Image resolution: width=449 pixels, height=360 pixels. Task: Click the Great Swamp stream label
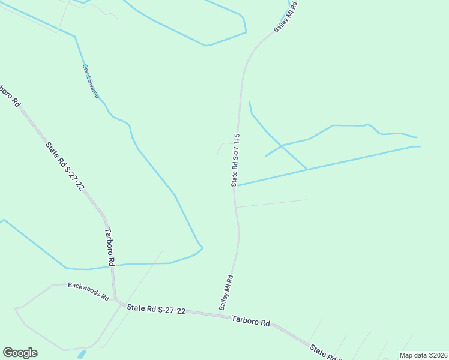click(90, 81)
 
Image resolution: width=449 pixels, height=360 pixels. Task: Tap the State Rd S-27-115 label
click(236, 159)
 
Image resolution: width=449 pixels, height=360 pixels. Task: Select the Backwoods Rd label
click(88, 292)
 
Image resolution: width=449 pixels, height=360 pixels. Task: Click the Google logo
click(20, 353)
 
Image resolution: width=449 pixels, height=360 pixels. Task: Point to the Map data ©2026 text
click(423, 355)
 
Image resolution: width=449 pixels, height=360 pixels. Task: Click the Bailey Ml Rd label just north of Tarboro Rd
click(226, 292)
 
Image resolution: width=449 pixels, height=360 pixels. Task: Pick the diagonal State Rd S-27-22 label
click(64, 165)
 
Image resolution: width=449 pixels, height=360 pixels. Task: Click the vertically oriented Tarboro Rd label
click(110, 247)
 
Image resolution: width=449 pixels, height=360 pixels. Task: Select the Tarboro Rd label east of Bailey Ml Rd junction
click(250, 321)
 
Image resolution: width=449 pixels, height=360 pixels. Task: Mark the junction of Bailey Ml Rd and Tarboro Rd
click(219, 314)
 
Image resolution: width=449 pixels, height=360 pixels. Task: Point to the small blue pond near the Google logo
click(81, 354)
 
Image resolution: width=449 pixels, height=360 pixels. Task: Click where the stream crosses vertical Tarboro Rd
click(112, 265)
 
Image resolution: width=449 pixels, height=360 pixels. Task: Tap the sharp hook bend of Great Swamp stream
click(202, 247)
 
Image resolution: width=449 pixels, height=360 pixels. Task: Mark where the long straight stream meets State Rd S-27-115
click(237, 185)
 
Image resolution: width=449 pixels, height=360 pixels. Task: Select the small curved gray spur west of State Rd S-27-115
click(221, 148)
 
